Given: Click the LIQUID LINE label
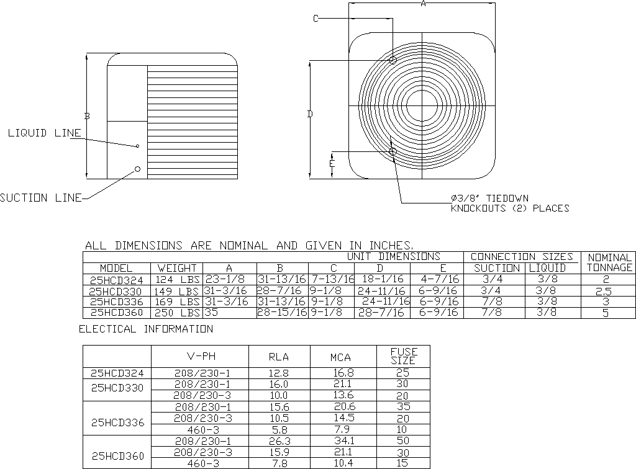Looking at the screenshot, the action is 45,133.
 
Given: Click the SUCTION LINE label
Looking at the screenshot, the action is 40,198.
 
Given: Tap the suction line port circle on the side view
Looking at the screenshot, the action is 137,169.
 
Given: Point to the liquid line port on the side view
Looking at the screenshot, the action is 137,146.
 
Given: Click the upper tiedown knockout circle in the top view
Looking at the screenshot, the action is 393,60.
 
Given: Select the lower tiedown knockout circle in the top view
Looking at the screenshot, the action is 393,152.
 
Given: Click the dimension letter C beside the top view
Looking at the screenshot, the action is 316,18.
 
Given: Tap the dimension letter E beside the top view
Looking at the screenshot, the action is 332,163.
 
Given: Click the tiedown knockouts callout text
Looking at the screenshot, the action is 510,203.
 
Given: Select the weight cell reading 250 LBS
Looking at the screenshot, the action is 177,313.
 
